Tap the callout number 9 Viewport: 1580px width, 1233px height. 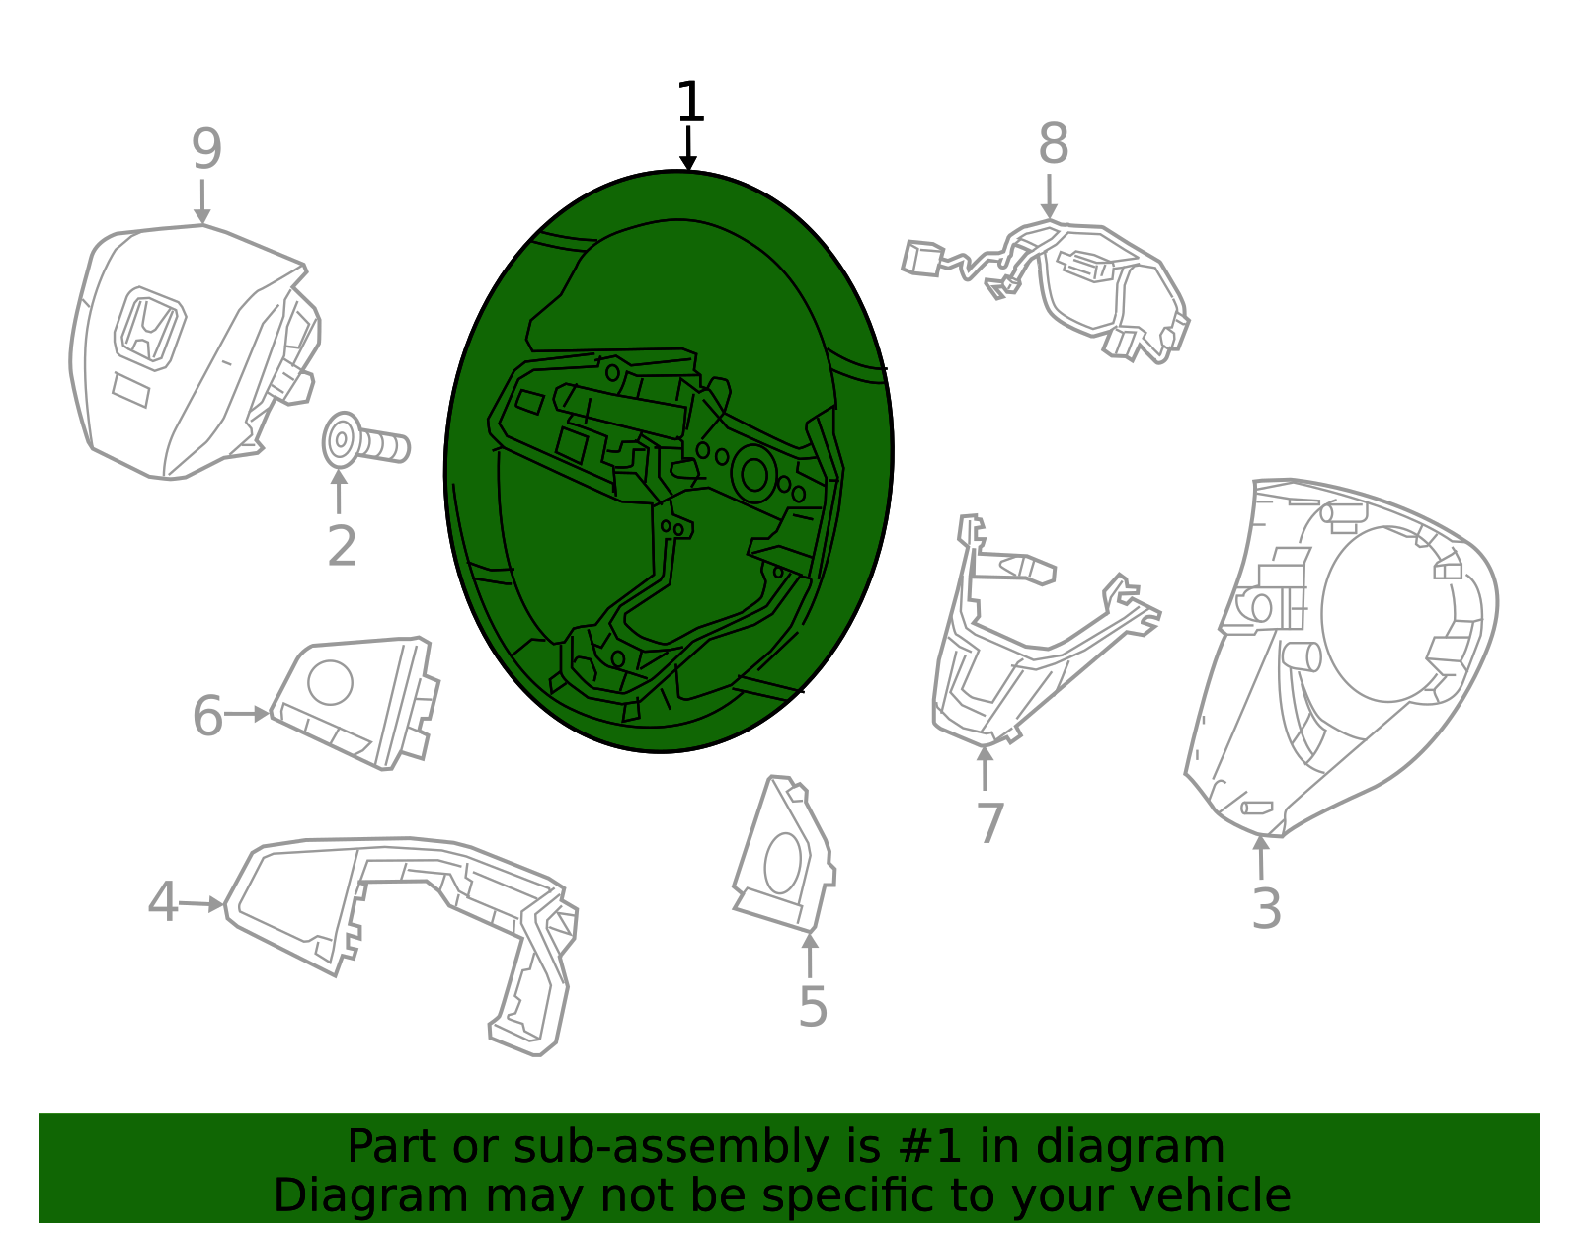206,149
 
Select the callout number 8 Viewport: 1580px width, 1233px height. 1054,144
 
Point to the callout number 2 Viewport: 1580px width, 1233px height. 342,546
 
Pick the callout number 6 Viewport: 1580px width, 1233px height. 208,716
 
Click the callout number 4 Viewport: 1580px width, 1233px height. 163,902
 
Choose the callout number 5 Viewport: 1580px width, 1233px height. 813,1007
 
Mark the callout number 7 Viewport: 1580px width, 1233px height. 990,822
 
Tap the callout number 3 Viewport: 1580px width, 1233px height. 1266,908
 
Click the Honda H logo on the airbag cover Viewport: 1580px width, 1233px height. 150,330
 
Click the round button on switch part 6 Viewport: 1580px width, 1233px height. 330,682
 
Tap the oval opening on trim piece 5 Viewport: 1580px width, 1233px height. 783,863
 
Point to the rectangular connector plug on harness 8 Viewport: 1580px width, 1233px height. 922,259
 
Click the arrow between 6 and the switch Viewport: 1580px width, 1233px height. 247,714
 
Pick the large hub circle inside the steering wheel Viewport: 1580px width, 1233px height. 753,476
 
